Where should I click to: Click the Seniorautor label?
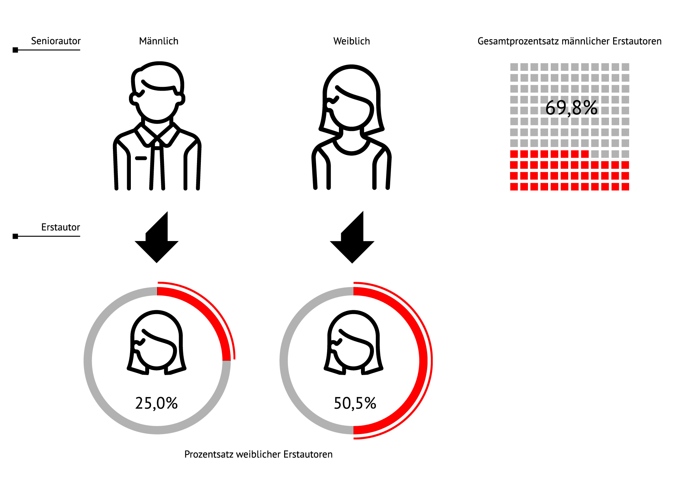click(x=56, y=41)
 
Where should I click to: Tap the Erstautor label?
click(x=60, y=227)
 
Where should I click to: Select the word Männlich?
click(x=159, y=41)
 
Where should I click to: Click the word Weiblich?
click(x=351, y=41)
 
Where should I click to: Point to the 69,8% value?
click(x=571, y=108)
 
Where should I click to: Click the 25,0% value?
click(x=156, y=403)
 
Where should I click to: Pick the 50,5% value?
click(x=355, y=403)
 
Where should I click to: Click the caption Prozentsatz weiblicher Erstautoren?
click(x=258, y=454)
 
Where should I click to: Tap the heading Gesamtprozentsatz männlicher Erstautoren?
click(x=569, y=41)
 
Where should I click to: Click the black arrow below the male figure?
click(x=156, y=240)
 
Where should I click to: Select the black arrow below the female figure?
click(x=352, y=240)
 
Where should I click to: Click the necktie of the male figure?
click(x=157, y=166)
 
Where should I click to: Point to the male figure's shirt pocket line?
click(x=141, y=158)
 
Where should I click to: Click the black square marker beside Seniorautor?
click(x=15, y=50)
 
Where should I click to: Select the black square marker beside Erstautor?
click(x=15, y=236)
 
